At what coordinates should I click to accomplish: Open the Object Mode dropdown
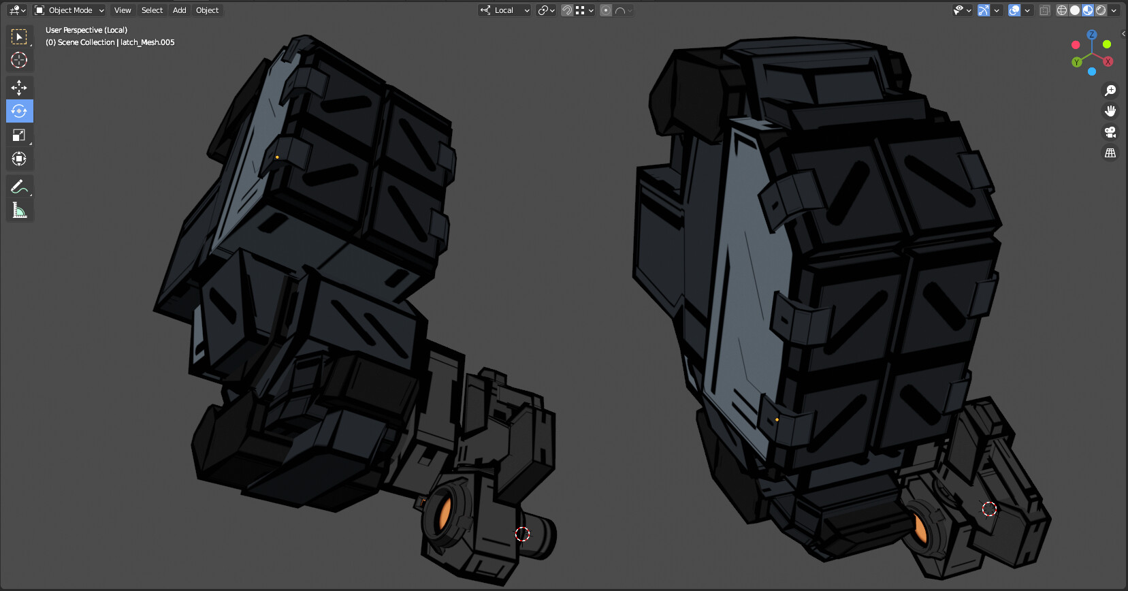pos(69,10)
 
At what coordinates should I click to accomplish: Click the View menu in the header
pos(123,10)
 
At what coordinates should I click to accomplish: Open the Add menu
pos(179,10)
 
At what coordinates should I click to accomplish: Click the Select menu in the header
pos(152,10)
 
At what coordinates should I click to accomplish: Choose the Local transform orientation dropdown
pos(504,10)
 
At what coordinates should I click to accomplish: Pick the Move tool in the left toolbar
pos(19,87)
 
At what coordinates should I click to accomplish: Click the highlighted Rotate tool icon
pos(19,111)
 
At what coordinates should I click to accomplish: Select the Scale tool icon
pos(19,135)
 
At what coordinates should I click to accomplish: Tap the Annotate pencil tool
pos(19,187)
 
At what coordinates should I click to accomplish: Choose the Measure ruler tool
pos(19,210)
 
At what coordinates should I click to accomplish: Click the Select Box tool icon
pos(19,36)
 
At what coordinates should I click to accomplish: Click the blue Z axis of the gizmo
pos(1092,35)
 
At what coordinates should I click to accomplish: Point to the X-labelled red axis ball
pos(1108,62)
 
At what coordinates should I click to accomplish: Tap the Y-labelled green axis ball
pos(1076,62)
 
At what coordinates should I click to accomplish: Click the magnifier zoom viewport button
pos(1110,91)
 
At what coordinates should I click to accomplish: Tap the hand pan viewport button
pos(1110,111)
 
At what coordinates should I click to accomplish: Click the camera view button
pos(1110,132)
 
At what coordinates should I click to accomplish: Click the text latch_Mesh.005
pos(148,42)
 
